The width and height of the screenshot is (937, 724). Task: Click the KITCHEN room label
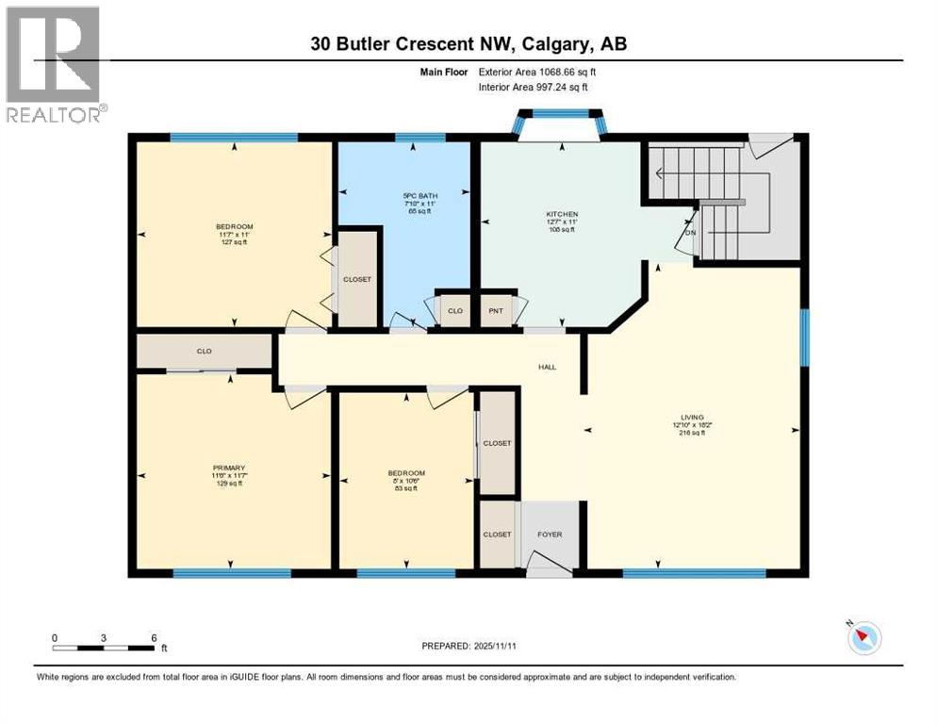pyautogui.click(x=562, y=214)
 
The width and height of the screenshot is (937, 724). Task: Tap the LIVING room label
pyautogui.click(x=693, y=417)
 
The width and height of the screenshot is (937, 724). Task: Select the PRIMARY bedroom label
pyautogui.click(x=228, y=468)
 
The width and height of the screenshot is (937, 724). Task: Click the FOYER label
pyautogui.click(x=550, y=535)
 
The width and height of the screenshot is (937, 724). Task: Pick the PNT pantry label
pyautogui.click(x=496, y=310)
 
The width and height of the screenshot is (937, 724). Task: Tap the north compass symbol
pyautogui.click(x=863, y=638)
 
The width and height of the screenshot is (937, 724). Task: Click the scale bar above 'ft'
pyautogui.click(x=104, y=648)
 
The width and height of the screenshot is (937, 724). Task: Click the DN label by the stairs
pyautogui.click(x=690, y=233)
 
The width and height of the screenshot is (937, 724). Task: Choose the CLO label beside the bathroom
pyautogui.click(x=455, y=310)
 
